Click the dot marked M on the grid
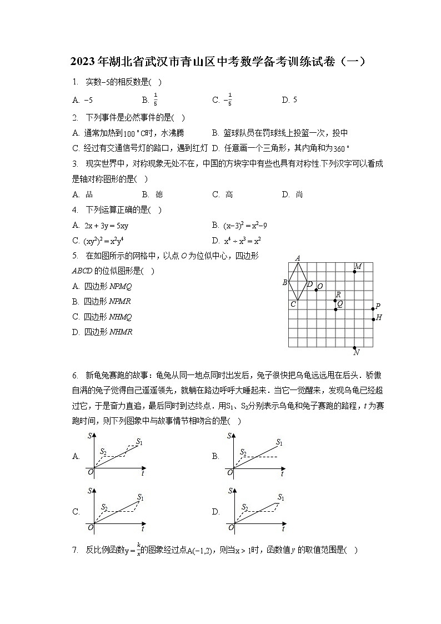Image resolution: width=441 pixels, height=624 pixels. (x=354, y=272)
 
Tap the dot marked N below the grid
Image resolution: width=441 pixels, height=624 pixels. (x=354, y=347)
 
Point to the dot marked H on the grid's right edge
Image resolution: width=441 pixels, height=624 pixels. (x=373, y=319)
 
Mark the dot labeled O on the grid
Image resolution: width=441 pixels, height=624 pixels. (x=316, y=290)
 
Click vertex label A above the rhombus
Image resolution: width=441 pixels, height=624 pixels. (x=298, y=258)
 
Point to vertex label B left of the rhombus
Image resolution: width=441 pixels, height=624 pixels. (x=285, y=282)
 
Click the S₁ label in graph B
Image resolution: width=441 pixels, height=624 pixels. (x=280, y=443)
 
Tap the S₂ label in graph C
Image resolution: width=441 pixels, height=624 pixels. (x=104, y=507)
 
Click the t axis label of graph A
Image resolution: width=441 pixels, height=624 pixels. (x=143, y=474)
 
